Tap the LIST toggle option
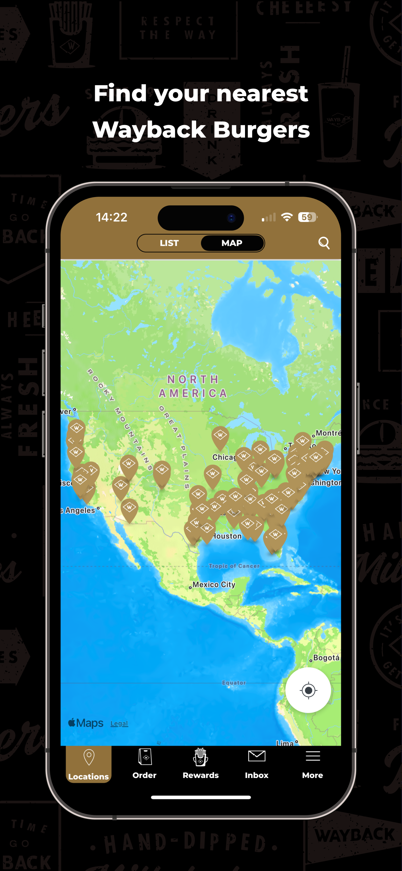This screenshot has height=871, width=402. point(169,243)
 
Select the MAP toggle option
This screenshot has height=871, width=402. point(232,243)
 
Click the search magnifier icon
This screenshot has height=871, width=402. point(324,243)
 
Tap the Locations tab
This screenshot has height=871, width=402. point(88,764)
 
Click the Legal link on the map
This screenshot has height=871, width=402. point(119,723)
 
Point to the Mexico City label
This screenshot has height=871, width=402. point(214,585)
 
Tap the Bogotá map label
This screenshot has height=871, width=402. point(326,658)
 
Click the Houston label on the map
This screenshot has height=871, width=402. point(227,536)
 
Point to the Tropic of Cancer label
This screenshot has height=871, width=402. point(234,566)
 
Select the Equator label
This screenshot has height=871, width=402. point(234,683)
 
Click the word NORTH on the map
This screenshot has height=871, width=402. point(193,379)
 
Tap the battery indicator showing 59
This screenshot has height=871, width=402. point(307,217)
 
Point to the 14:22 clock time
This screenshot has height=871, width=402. point(111,217)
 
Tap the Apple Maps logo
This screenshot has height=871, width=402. point(86,723)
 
